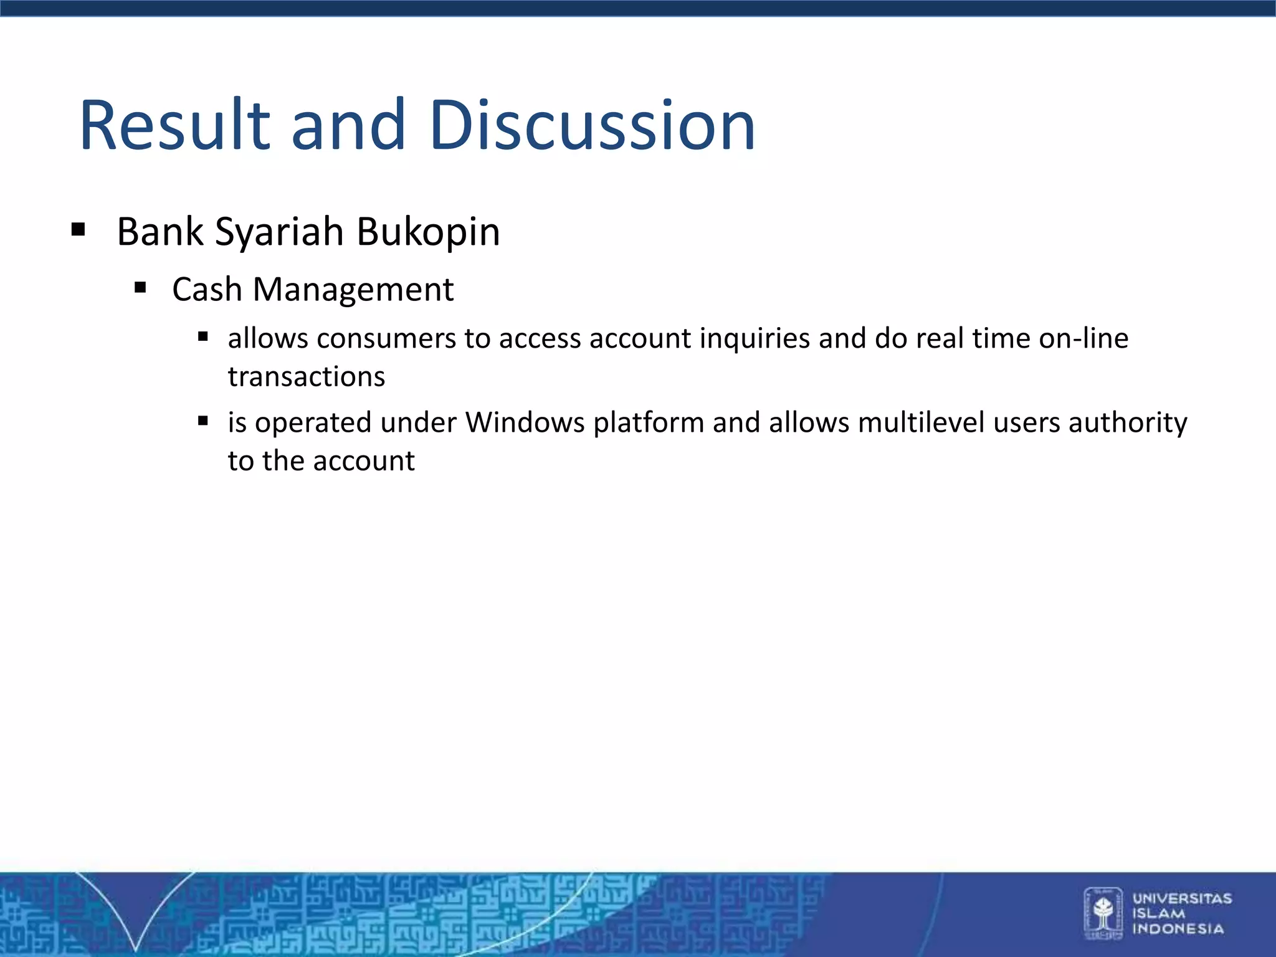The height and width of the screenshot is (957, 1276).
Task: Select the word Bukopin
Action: [428, 232]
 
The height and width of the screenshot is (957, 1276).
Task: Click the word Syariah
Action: [280, 232]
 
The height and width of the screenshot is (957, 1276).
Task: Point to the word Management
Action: [353, 290]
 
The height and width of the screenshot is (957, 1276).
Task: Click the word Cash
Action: [207, 290]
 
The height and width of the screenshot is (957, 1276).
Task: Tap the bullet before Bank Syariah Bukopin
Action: [78, 229]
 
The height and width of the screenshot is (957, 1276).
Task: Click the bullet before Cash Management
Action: [140, 287]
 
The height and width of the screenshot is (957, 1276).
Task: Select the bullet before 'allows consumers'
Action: [202, 337]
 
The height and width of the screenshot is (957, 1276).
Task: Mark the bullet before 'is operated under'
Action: [202, 421]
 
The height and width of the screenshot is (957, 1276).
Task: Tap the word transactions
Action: [307, 377]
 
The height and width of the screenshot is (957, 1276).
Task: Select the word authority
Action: [1128, 422]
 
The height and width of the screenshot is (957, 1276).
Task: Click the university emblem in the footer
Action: [1103, 913]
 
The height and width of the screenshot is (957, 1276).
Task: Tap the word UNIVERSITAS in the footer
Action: [1182, 898]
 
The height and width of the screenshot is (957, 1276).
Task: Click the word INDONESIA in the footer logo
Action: [1178, 929]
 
